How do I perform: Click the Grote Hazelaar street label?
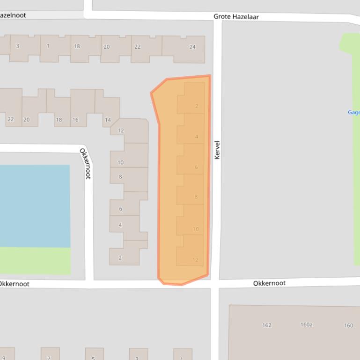(x=236, y=16)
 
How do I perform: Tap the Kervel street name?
(x=217, y=150)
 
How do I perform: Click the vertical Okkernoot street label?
(x=85, y=163)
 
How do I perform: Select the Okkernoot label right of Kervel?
(x=269, y=283)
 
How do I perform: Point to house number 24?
(x=192, y=47)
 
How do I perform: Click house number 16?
(x=75, y=120)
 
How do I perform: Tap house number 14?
(x=108, y=120)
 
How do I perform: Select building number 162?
(x=266, y=325)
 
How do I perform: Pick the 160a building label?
(x=306, y=324)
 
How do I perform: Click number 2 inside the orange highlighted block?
(x=197, y=106)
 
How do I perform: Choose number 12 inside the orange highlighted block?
(x=195, y=260)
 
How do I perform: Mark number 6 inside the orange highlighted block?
(x=196, y=167)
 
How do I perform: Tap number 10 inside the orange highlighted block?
(x=196, y=229)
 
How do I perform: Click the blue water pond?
(x=35, y=206)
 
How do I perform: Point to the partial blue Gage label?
(x=353, y=112)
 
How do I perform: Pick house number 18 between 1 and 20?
(x=77, y=46)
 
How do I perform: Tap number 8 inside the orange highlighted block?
(x=196, y=197)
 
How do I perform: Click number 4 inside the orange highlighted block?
(x=197, y=137)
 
